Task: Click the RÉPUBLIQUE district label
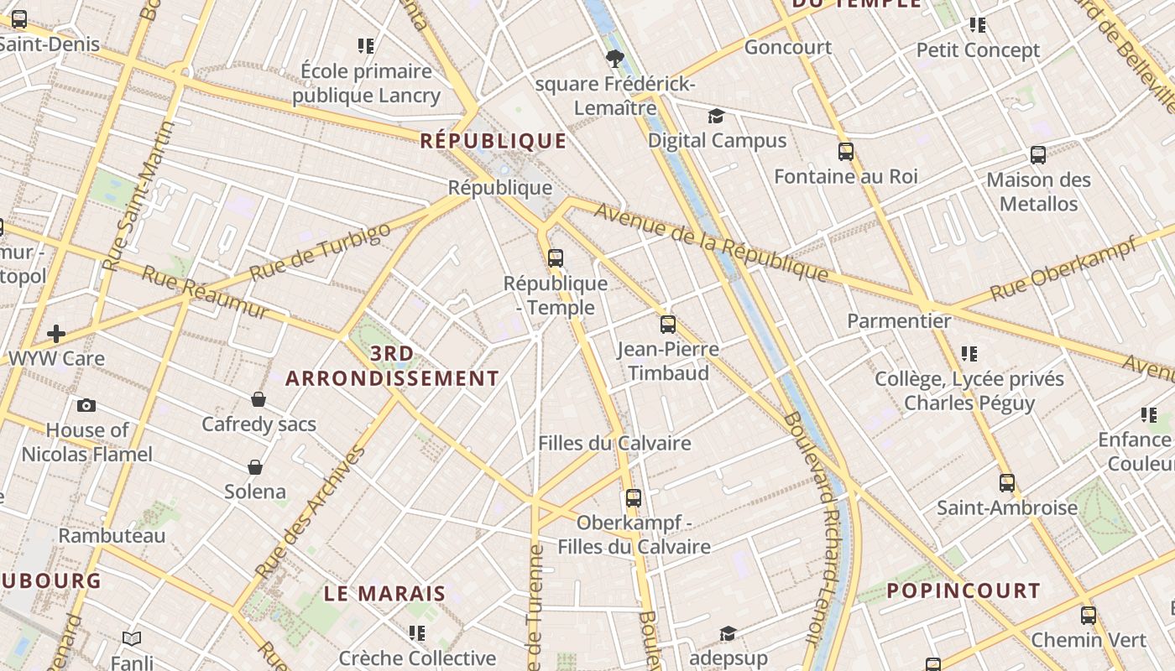click(493, 140)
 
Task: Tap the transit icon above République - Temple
click(555, 257)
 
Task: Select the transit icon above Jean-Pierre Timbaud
click(668, 324)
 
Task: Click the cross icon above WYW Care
click(56, 334)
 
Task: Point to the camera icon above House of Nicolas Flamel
click(86, 406)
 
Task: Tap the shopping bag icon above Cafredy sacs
click(258, 399)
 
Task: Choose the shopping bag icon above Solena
click(255, 466)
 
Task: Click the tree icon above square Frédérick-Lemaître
click(615, 58)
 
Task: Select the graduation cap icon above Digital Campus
click(716, 116)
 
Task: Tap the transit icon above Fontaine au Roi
click(846, 152)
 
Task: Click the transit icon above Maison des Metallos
click(1038, 155)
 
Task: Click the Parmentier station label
click(899, 320)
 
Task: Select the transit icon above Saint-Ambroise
click(1007, 483)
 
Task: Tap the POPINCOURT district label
click(963, 590)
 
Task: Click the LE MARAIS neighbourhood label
click(385, 594)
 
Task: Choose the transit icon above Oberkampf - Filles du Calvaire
click(634, 498)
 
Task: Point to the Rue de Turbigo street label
click(321, 251)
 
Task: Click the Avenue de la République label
click(712, 242)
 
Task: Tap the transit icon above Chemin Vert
click(1089, 616)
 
